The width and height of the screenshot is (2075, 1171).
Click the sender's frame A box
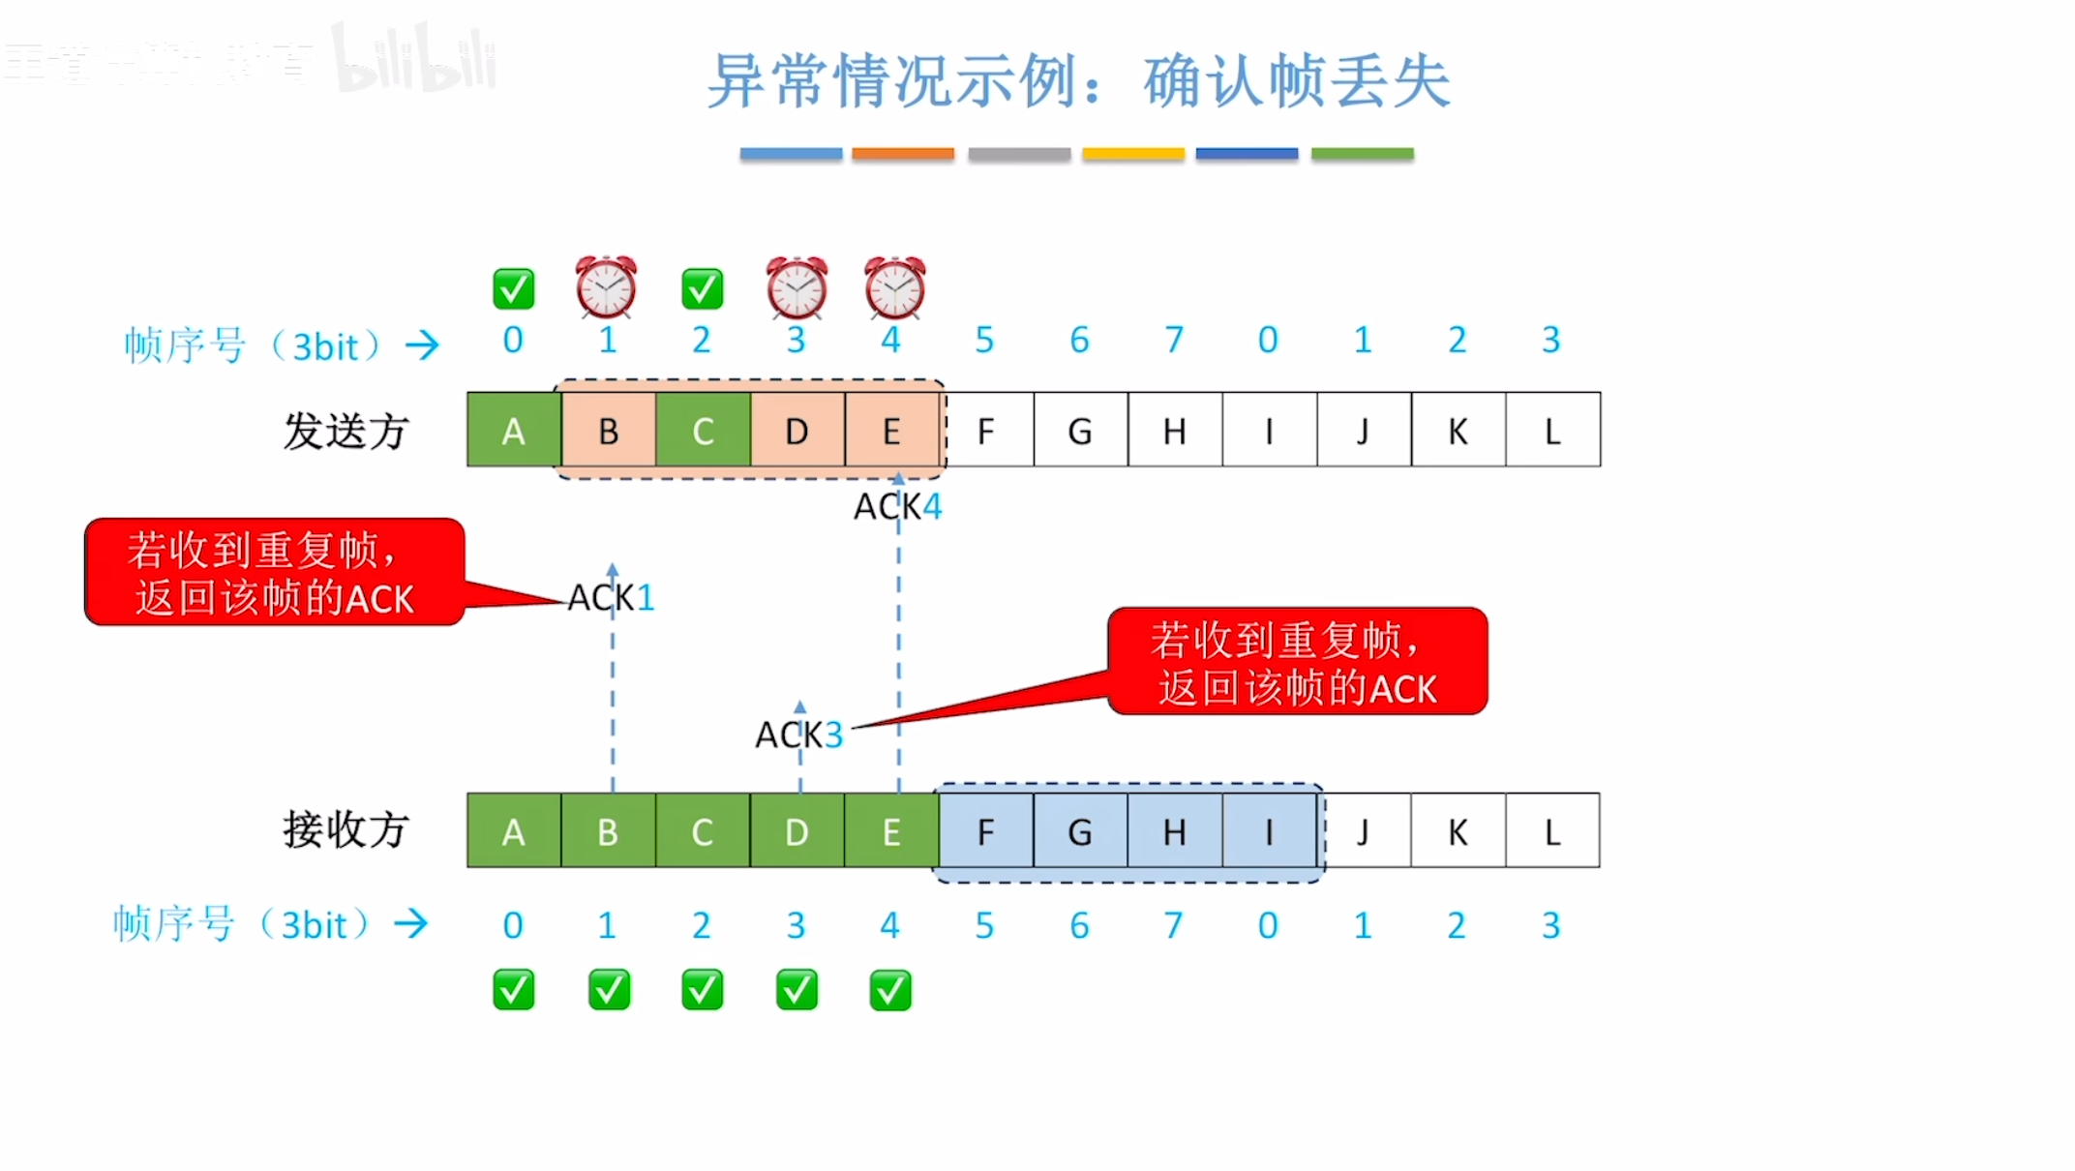513,430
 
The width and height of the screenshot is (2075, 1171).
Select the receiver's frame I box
1269,831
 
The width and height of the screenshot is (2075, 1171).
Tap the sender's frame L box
1552,430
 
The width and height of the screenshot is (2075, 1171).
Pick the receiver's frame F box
985,831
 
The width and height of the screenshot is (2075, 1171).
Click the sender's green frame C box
703,430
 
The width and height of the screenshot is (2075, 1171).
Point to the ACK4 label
897,506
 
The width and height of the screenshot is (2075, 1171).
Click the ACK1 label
611,597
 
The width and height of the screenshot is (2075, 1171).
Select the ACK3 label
798,735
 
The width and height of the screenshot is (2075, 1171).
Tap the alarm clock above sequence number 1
607,287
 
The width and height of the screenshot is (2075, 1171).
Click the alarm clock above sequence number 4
894,287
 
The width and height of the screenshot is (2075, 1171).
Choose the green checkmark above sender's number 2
702,288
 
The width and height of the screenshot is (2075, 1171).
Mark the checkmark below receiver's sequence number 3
797,990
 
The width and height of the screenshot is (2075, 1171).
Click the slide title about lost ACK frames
1078,81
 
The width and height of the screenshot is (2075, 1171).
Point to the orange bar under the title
902,154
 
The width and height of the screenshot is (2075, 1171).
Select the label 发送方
346,431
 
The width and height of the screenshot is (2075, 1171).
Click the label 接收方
346,830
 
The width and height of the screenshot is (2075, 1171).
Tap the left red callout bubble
275,572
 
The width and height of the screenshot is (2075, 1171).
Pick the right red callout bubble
1297,662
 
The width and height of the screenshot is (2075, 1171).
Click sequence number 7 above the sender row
1174,340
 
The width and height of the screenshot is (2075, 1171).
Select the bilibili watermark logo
416,60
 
